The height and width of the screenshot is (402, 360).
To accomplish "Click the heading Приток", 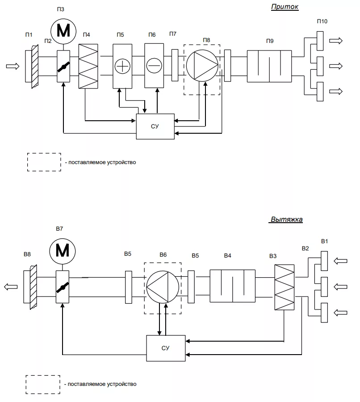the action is coord(285,7).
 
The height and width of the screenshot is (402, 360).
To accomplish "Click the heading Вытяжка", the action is coord(286,220).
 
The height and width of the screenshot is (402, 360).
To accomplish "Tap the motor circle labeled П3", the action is coord(63,31).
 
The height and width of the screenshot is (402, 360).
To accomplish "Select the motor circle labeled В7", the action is coord(62,251).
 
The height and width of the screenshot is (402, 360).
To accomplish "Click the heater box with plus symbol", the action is coord(122,66).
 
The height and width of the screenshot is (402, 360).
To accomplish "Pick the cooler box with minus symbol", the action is coord(154,66).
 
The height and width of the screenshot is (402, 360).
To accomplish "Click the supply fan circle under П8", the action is coord(202,66).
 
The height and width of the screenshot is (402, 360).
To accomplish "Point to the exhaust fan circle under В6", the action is coord(163,287).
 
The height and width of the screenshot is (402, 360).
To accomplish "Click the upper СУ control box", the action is coord(155,127).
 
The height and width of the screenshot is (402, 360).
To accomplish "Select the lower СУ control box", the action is coord(166,348).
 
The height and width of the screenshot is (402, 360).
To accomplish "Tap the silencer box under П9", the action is coord(269,66).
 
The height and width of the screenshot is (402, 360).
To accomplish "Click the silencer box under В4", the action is coord(233,286).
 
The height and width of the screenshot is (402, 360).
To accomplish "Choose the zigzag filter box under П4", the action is coord(88,66).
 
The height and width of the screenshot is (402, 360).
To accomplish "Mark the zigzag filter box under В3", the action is coord(284,287).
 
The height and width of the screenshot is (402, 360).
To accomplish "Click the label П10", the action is coord(322,21).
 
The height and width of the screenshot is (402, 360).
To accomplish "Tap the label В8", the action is coord(27,254).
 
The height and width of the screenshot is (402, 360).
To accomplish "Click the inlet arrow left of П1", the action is coord(13,66).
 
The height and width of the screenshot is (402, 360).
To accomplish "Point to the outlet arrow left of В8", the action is coord(11,287).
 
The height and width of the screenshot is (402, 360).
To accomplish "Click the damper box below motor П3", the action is coord(63,66).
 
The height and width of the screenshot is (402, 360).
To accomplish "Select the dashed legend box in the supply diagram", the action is coord(44,162).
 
